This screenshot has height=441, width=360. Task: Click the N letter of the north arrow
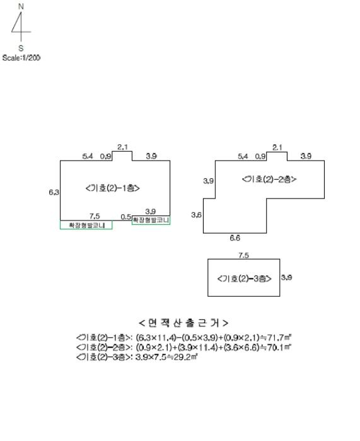[21, 6]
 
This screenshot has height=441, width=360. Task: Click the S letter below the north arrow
[21, 48]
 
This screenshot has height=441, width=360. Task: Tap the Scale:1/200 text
[21, 58]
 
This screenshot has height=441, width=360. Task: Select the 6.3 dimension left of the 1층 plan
[54, 192]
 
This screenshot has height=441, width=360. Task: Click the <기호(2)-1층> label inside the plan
[113, 188]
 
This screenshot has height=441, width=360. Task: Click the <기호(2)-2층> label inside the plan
[269, 179]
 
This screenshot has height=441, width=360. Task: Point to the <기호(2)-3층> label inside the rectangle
[245, 278]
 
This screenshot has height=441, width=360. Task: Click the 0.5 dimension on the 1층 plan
[126, 217]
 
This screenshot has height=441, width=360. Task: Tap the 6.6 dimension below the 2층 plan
[235, 238]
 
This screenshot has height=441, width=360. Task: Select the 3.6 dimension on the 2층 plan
[196, 215]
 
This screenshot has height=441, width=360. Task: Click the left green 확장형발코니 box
[86, 225]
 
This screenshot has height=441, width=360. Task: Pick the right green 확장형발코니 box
[151, 220]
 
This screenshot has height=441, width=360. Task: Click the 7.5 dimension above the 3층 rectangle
[244, 255]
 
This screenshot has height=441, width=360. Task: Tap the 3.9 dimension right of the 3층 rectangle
[286, 277]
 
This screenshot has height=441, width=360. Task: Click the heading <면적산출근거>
[183, 323]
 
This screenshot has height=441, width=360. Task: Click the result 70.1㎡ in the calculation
[279, 347]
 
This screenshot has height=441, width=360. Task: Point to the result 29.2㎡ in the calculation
[186, 357]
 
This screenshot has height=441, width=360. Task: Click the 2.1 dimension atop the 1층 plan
[122, 147]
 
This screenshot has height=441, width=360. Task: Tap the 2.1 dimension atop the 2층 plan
[277, 147]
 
